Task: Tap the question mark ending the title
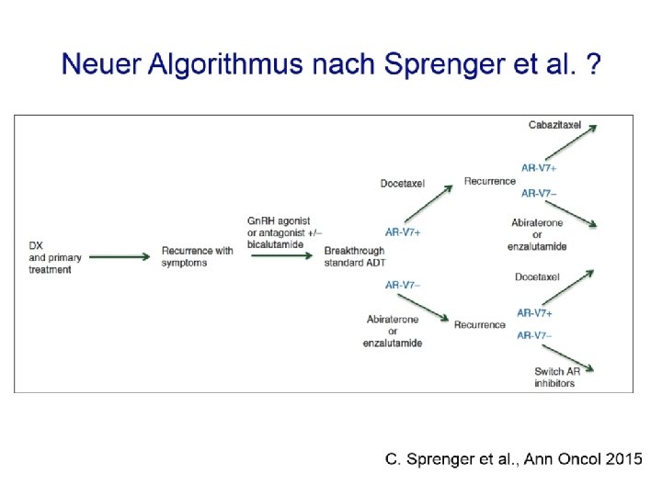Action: [x=595, y=65]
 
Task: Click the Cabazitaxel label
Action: [x=554, y=124]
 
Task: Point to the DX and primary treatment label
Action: [x=51, y=256]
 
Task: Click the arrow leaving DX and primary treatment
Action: [x=120, y=256]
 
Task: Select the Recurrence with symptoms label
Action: [x=197, y=256]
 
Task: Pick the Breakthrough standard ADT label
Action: [x=355, y=257]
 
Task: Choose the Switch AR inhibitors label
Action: [x=556, y=377]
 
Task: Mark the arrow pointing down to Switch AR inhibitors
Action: [x=576, y=358]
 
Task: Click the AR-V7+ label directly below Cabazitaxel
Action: [x=539, y=167]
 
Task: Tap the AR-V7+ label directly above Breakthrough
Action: [x=403, y=232]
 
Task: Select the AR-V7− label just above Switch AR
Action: [x=534, y=335]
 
